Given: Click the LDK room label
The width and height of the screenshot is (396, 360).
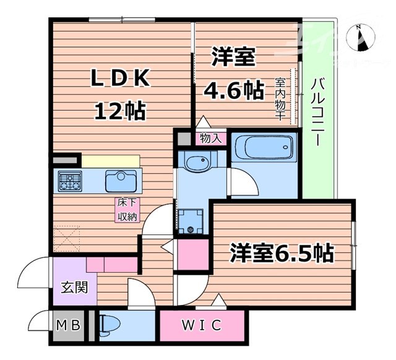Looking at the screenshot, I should point(121,80).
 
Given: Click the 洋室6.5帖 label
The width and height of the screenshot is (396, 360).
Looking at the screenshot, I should point(282,252).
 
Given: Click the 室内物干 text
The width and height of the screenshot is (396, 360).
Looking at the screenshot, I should point(280,99).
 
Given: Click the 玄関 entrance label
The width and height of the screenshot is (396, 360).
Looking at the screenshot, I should point(74,288).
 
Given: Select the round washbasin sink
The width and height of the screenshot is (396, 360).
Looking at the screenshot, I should point(198,163).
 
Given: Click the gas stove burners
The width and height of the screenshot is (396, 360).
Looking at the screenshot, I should point(69,181).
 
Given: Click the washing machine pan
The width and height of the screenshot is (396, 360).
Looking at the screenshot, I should point(190,220).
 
